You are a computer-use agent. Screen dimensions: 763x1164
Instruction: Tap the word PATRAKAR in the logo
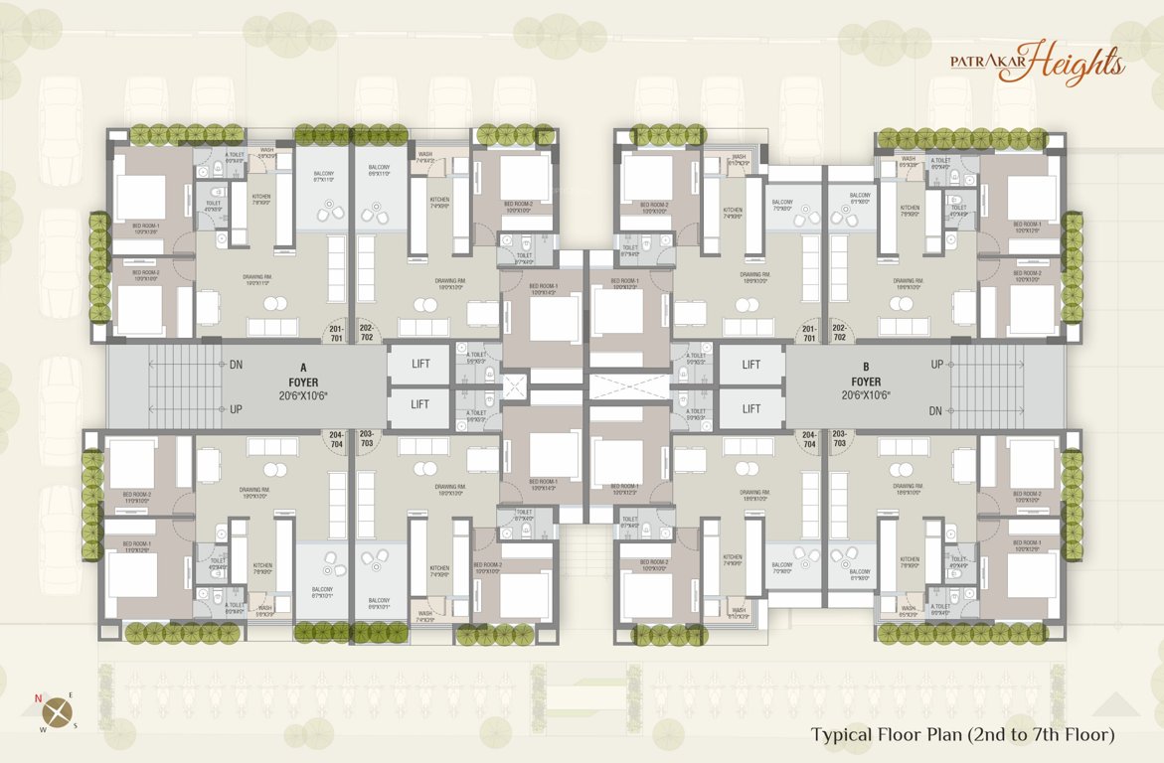click(x=988, y=61)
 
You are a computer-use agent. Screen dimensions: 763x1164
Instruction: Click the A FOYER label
click(x=302, y=374)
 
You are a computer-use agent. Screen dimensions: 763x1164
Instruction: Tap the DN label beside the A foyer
click(x=236, y=365)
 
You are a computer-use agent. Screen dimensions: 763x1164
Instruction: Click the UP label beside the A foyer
click(x=236, y=409)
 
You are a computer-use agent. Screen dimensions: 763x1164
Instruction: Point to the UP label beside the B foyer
click(x=937, y=365)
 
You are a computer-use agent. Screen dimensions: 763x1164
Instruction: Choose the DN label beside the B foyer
click(x=937, y=409)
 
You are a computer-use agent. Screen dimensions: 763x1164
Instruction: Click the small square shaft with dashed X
click(x=516, y=386)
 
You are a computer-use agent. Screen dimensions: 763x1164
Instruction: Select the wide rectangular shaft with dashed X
click(x=629, y=386)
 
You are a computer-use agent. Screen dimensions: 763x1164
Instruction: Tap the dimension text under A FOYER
click(x=303, y=395)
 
